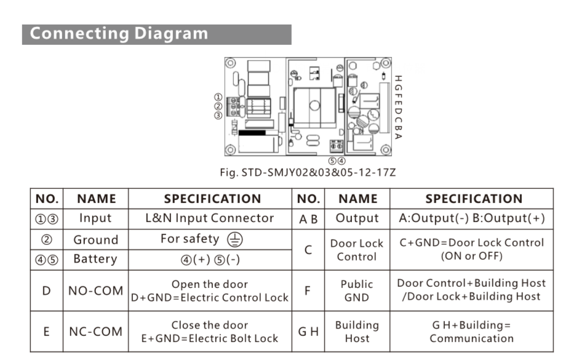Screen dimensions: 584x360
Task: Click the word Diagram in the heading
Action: point(171,33)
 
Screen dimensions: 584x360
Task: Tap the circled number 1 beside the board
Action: point(218,97)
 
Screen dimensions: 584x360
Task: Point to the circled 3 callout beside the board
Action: point(218,116)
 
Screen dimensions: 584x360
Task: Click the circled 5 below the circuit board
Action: point(332,161)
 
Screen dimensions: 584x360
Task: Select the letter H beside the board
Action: point(398,79)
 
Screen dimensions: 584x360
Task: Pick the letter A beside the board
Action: point(398,136)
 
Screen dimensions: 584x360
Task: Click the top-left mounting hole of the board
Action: point(231,63)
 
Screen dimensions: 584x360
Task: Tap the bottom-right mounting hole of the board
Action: point(386,150)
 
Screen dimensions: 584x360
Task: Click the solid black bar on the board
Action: point(252,132)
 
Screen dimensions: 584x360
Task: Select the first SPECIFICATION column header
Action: point(213,199)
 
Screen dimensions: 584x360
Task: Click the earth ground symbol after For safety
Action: point(234,239)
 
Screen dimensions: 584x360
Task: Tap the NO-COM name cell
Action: point(96,290)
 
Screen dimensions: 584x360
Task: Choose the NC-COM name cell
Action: point(96,331)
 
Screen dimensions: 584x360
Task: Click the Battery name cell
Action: point(96,259)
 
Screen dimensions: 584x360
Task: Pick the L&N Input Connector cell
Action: point(210,218)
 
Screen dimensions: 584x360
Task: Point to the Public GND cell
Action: point(357,290)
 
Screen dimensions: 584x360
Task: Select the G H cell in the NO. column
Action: point(308,331)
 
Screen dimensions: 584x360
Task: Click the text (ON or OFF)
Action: point(471,256)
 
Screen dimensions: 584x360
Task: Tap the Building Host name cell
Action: point(357,331)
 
